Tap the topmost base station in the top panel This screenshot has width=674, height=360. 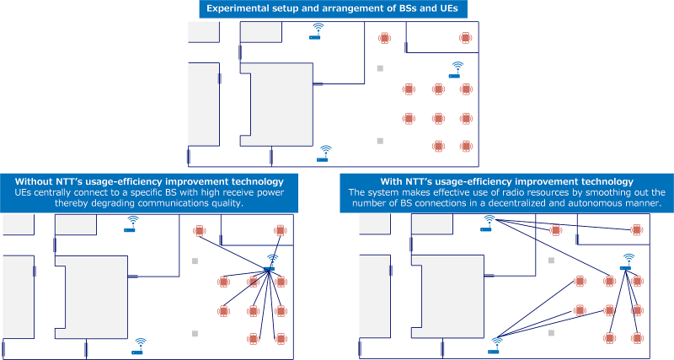[x=317, y=31]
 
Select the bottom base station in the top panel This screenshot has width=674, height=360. [x=324, y=153]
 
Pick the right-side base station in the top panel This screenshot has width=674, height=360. [x=456, y=69]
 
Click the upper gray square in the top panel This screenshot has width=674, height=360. [x=380, y=68]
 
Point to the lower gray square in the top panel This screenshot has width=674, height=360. [x=380, y=141]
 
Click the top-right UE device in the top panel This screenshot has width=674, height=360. [x=464, y=38]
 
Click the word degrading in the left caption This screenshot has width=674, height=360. [x=160, y=204]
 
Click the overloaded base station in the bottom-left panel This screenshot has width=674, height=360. [x=270, y=264]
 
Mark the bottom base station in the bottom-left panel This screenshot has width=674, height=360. [x=138, y=346]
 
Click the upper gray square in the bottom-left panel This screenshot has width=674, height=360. [x=195, y=261]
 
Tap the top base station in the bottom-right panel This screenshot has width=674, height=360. [x=488, y=223]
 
